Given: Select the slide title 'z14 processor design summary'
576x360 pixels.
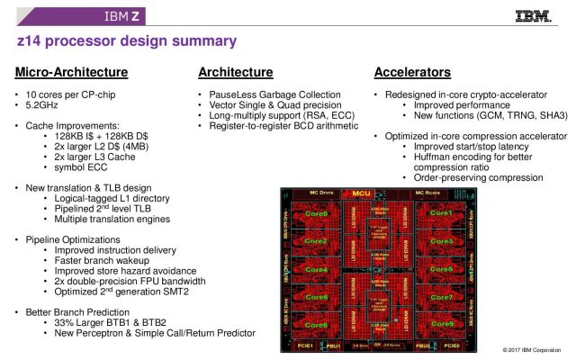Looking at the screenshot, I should pos(127,41).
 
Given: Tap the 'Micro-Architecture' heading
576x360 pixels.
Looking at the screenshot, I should pos(71,72).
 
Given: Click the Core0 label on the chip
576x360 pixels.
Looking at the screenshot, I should pos(316,214).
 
